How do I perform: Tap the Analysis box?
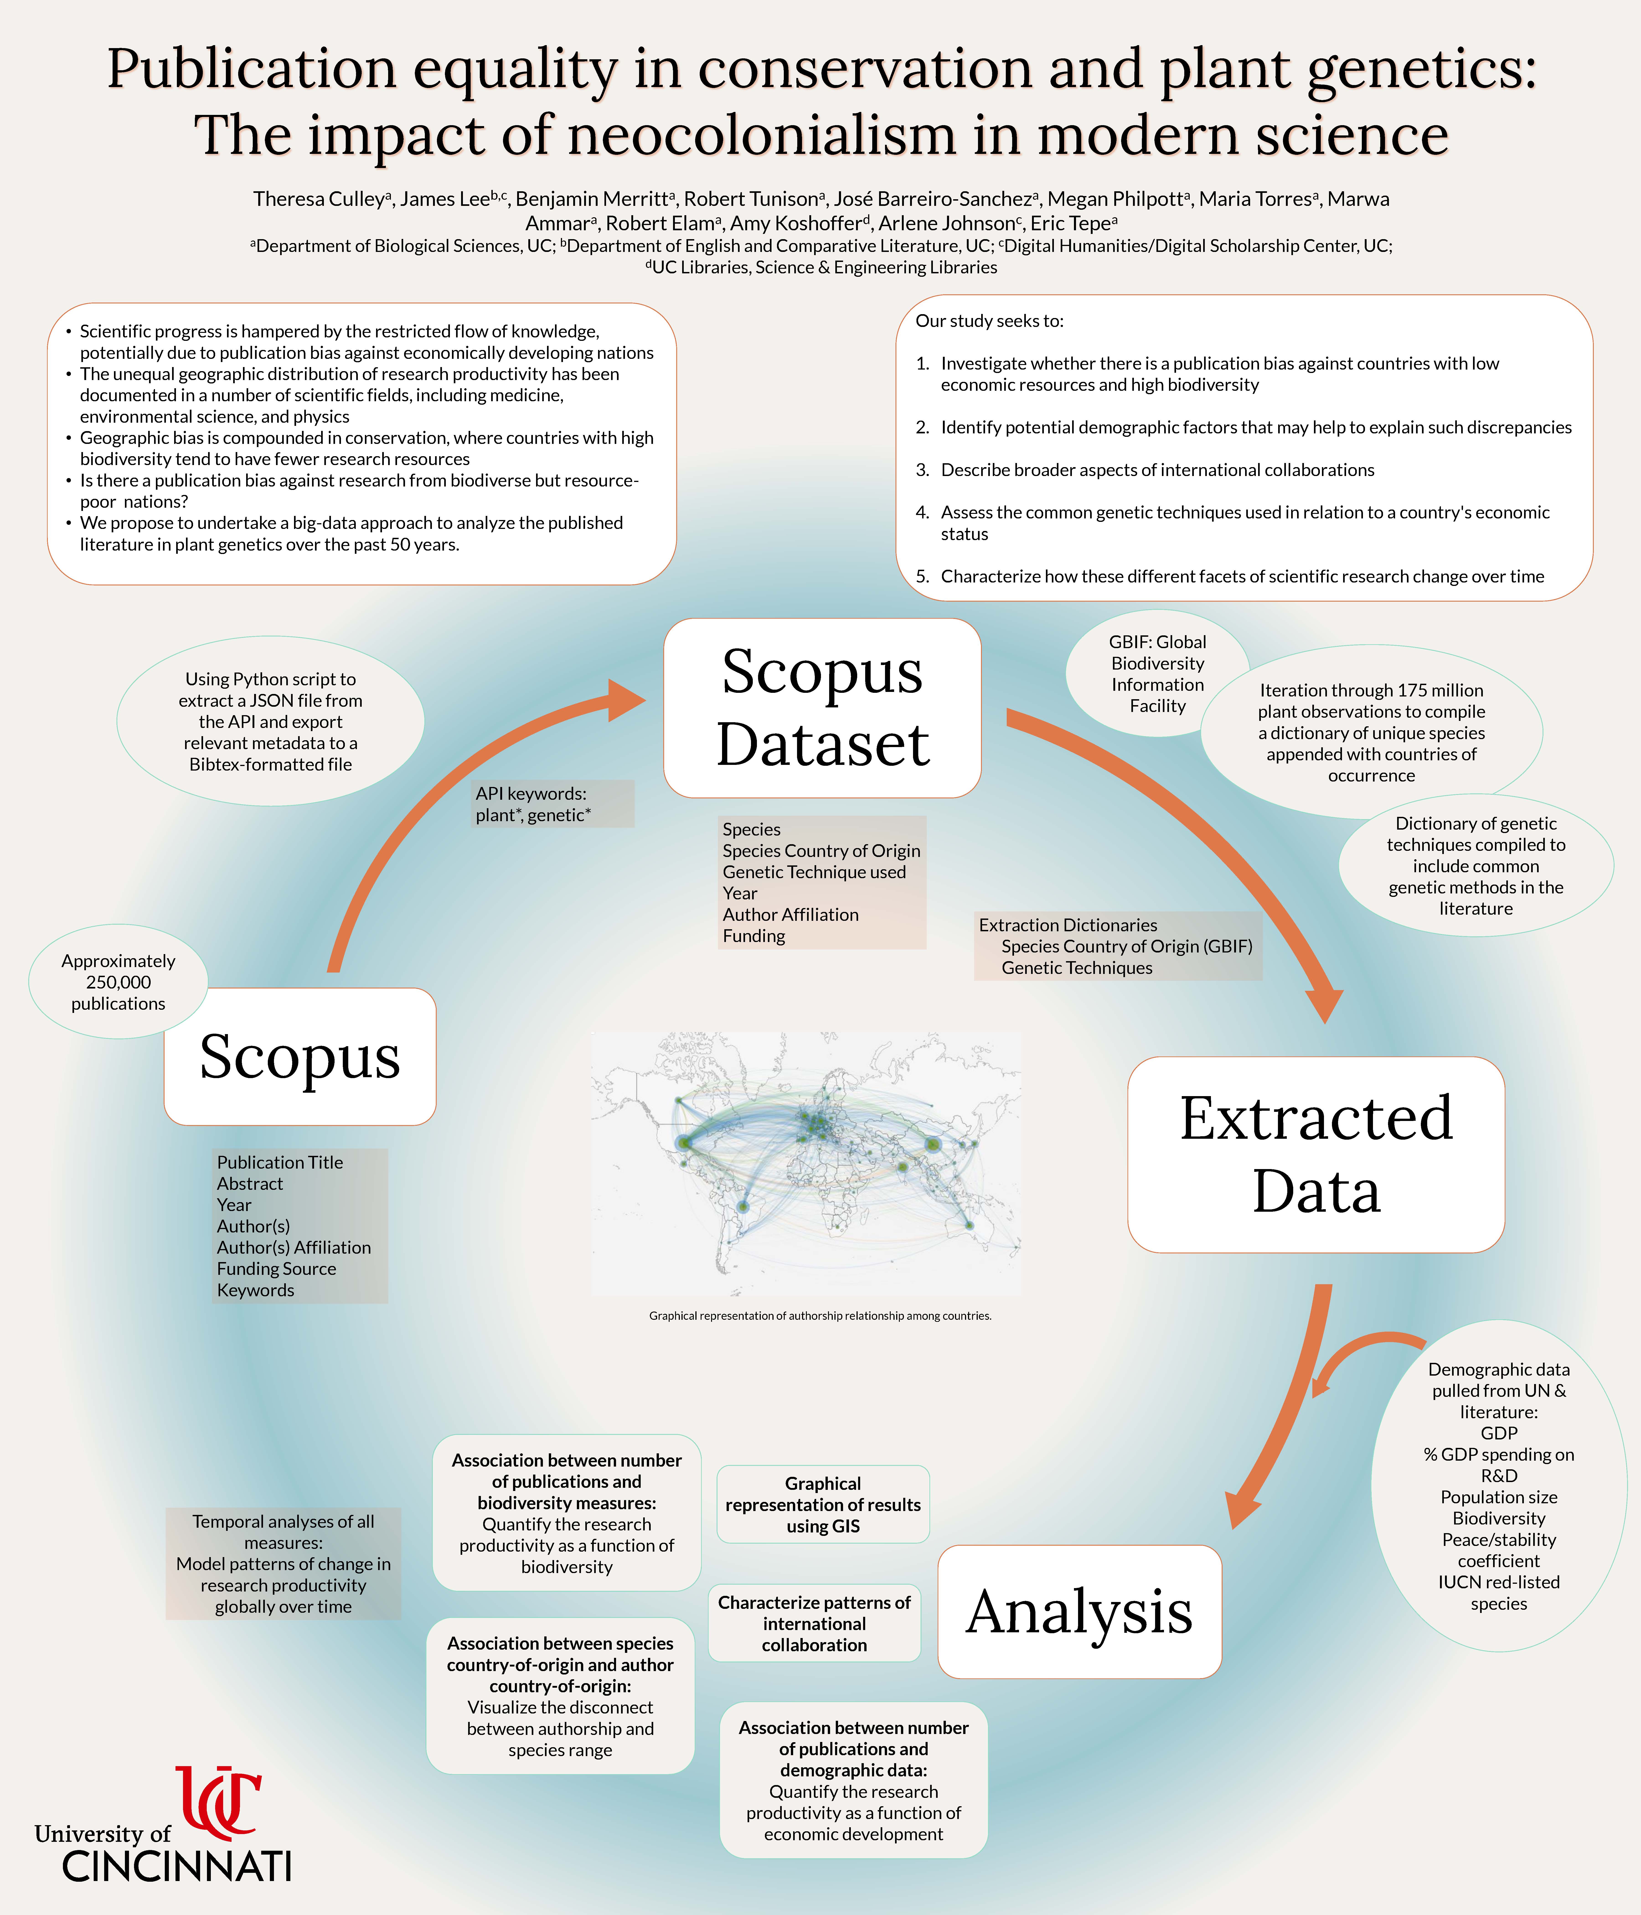[x=1079, y=1612]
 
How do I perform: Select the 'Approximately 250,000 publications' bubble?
[x=118, y=981]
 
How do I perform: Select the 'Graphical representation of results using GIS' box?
[x=822, y=1505]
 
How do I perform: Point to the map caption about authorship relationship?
[x=820, y=1315]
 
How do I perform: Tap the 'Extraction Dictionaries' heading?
[x=1068, y=925]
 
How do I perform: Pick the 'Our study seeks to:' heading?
[x=990, y=321]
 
